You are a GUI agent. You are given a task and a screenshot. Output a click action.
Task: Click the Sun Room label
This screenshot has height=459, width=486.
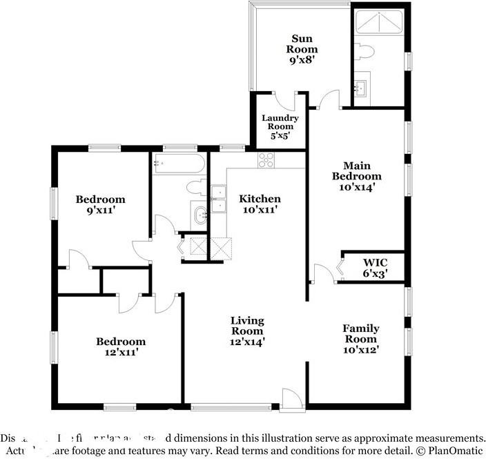point(304,49)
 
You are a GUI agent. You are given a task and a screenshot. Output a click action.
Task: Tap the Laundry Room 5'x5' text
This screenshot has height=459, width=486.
point(280,127)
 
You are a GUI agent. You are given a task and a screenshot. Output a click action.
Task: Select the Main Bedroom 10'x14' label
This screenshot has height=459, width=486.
point(356,176)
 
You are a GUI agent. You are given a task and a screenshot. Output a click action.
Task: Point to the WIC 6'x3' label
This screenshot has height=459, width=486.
point(375,268)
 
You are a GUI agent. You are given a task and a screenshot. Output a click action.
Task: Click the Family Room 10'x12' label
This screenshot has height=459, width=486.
point(360,339)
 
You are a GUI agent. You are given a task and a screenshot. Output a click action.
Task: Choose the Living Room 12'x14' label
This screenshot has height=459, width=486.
point(247,331)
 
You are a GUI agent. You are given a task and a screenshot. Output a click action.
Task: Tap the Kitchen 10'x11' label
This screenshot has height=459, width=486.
point(260,204)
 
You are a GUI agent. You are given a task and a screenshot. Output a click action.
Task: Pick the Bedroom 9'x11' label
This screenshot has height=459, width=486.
point(100,205)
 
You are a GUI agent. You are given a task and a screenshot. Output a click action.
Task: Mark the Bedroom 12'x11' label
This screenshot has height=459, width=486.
point(121,347)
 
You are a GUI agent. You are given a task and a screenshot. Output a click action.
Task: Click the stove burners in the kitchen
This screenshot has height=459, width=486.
point(266,160)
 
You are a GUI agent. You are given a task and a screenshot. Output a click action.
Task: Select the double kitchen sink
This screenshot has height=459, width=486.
point(218,199)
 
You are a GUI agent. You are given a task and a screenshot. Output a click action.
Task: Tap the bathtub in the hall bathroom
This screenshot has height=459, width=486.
point(178,164)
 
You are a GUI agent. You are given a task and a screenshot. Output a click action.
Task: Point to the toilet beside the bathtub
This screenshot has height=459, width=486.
point(194,187)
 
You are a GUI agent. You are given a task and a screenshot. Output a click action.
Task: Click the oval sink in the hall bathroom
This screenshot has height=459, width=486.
point(201,215)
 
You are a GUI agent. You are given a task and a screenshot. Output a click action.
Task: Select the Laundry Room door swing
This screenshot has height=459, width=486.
point(298,101)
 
